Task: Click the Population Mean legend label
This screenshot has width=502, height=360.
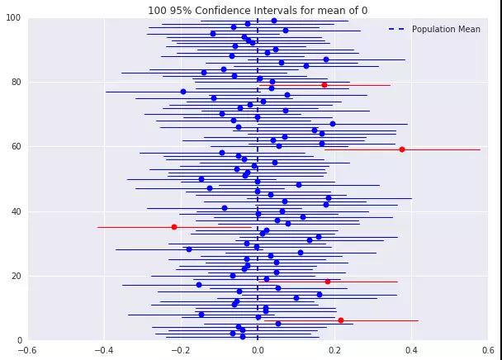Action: pos(446,30)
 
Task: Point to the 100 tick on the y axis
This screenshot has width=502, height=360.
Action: pos(14,18)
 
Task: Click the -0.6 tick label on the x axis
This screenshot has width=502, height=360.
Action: pos(28,349)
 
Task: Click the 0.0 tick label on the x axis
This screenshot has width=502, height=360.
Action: pos(258,349)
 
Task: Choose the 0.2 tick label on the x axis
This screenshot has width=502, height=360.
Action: pos(334,349)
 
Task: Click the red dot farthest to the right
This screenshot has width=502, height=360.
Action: pos(402,149)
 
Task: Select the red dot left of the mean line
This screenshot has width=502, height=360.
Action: pos(174,227)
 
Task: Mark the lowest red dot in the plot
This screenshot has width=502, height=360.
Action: pos(341,320)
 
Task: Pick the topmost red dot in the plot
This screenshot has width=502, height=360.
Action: pos(324,85)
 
